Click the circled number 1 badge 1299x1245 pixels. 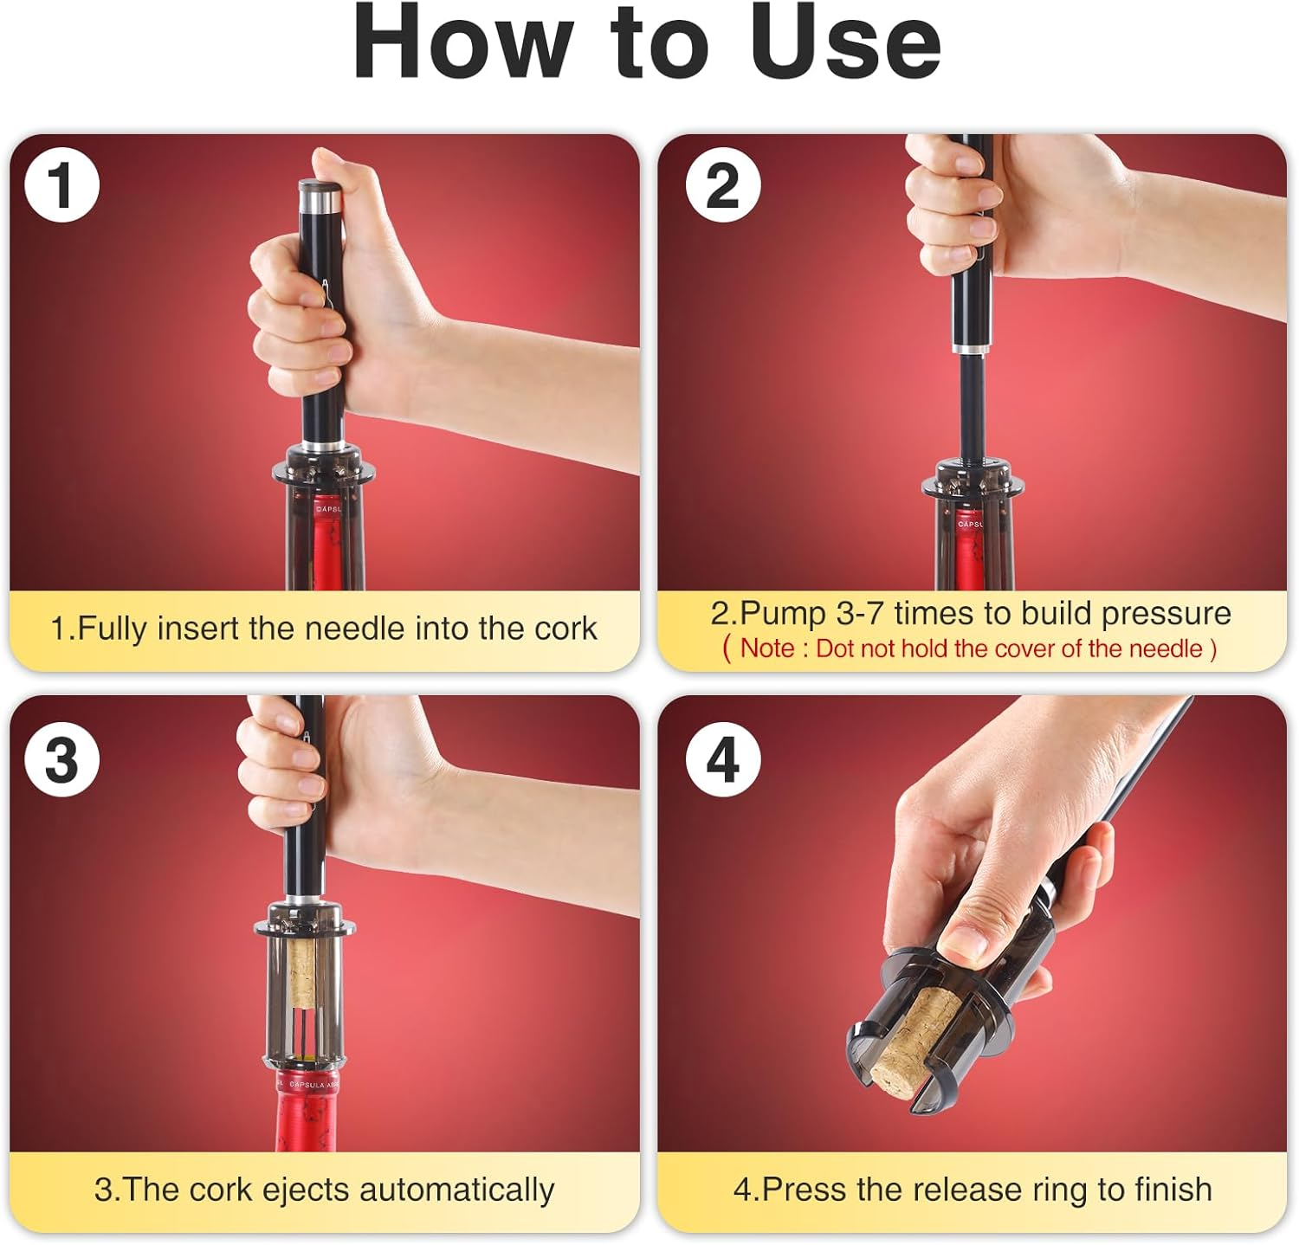(61, 184)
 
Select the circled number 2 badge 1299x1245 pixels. (723, 184)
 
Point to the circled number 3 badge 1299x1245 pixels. (61, 760)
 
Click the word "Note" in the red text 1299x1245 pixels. (766, 648)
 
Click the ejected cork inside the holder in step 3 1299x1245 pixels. (302, 974)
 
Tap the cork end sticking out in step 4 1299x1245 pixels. (901, 1061)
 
